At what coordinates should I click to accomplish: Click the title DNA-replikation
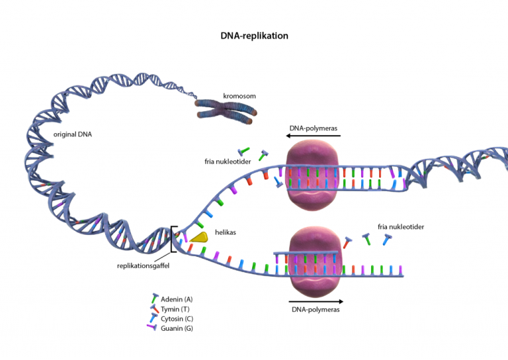pyautogui.click(x=254, y=36)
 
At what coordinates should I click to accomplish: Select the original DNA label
pyautogui.click(x=73, y=134)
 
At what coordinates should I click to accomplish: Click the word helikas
pyautogui.click(x=226, y=232)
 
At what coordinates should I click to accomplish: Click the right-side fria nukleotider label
pyautogui.click(x=400, y=227)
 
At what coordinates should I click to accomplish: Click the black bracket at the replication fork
pyautogui.click(x=173, y=239)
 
